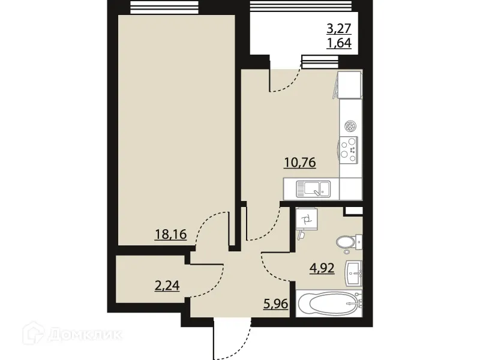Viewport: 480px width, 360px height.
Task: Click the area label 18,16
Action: tap(171, 234)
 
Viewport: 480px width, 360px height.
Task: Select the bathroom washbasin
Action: tap(354, 274)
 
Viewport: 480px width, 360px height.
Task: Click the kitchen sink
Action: tap(311, 189)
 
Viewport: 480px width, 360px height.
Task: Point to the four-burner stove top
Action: tap(350, 148)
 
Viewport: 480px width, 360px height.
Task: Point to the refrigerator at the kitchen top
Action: tap(350, 85)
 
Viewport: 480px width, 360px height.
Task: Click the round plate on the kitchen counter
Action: tap(350, 125)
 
